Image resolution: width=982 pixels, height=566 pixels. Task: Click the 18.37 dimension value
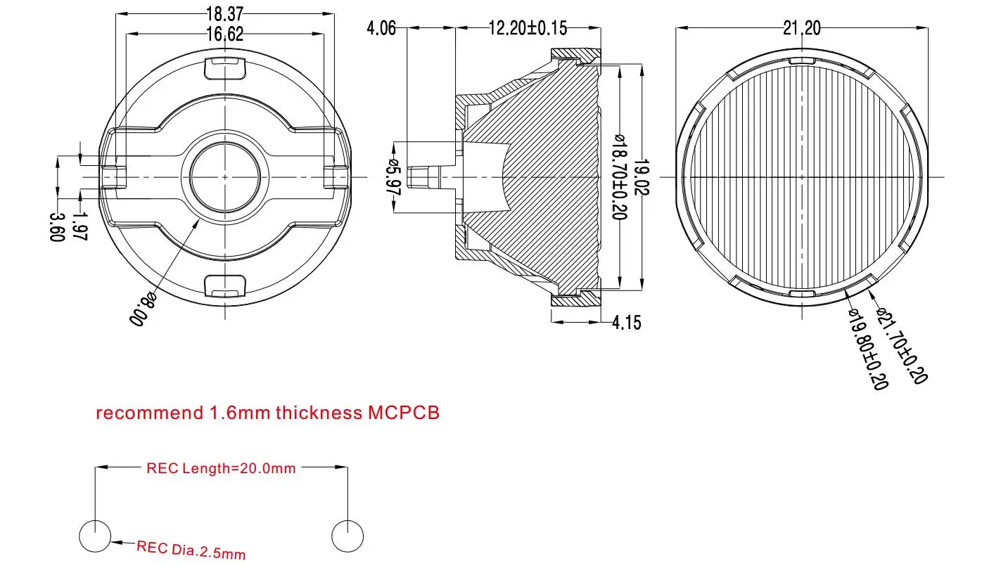pos(224,13)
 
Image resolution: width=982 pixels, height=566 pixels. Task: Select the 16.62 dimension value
pos(224,33)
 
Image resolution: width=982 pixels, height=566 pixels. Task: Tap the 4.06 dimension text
pos(381,28)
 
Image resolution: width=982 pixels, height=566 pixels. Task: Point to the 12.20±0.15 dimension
pos(528,28)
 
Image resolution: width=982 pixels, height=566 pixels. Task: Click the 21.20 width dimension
pos(802,28)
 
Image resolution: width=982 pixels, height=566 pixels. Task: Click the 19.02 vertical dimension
pos(640,176)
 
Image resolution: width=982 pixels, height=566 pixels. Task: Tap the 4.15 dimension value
pos(627,323)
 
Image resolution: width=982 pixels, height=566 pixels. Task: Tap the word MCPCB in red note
pos(404,413)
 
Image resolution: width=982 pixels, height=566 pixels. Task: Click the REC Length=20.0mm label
pos(221,468)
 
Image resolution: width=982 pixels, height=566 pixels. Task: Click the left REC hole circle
pos(95,536)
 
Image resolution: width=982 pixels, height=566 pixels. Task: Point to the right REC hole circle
pos(347,536)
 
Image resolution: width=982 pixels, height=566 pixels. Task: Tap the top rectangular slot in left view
pos(224,69)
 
